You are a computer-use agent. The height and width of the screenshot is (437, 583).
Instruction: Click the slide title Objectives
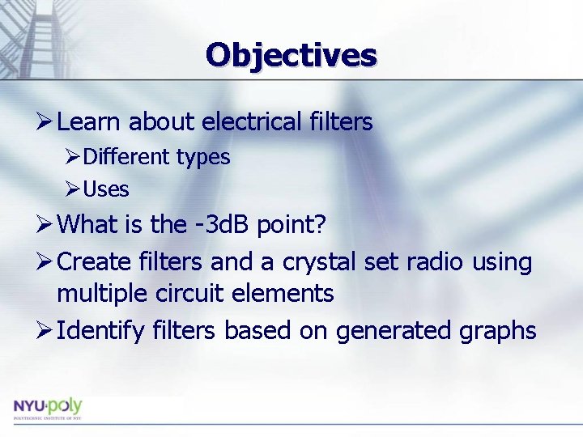(x=291, y=55)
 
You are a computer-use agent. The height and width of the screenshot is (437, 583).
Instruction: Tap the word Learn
(x=90, y=122)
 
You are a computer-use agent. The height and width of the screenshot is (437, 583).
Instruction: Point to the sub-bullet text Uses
(x=106, y=189)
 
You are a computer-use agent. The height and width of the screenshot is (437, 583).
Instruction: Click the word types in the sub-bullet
(x=201, y=157)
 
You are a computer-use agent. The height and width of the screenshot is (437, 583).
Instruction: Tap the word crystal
(x=315, y=262)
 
